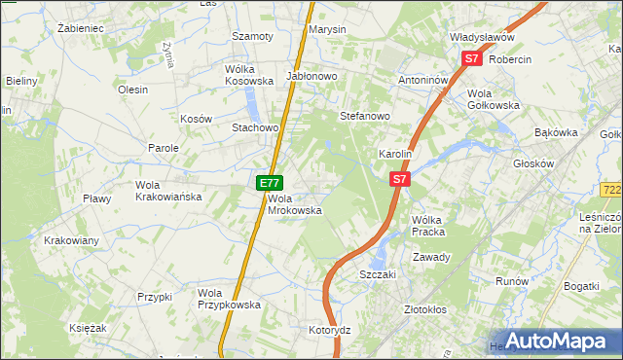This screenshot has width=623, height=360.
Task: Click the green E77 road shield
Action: tap(270, 183)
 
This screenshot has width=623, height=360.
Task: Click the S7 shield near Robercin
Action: tap(472, 59)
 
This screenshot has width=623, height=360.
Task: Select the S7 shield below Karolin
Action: tap(400, 180)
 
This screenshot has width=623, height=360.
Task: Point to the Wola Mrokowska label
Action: tap(294, 203)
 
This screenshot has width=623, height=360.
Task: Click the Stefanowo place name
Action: tap(364, 116)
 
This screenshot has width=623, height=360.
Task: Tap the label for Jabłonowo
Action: tap(311, 76)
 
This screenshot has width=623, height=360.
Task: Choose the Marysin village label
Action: tap(327, 29)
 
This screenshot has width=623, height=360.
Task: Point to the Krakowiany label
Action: tap(71, 239)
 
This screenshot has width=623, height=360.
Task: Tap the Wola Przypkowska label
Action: tap(229, 298)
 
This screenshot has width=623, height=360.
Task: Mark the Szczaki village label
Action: tap(378, 274)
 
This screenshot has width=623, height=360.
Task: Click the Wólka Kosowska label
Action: tap(250, 76)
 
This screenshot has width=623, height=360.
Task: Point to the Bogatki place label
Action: tap(580, 286)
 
